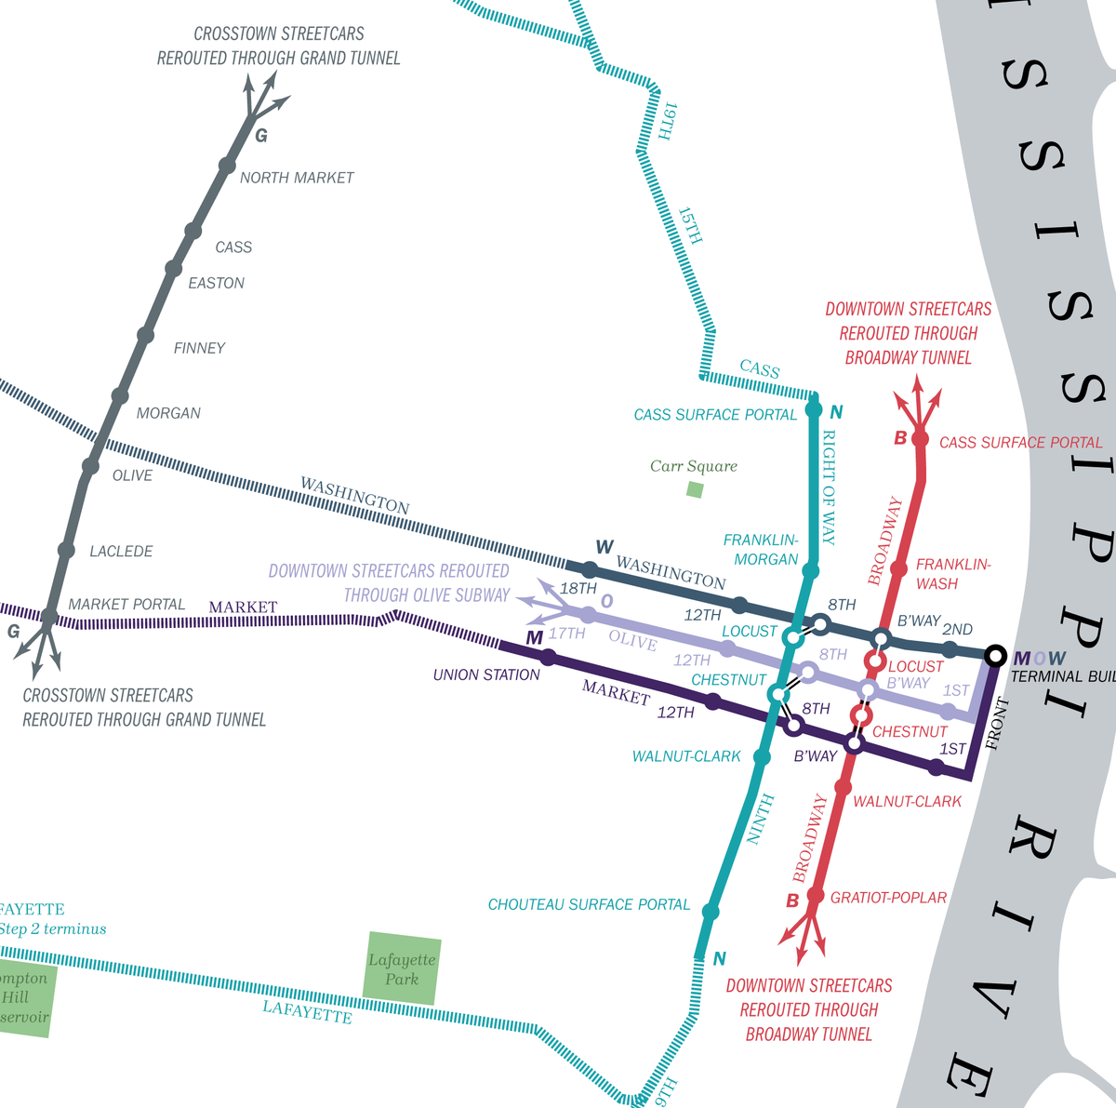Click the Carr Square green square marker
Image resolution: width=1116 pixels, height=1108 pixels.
pyautogui.click(x=695, y=489)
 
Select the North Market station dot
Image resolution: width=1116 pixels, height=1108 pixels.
pyautogui.click(x=227, y=166)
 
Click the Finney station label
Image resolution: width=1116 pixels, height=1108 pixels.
pyautogui.click(x=199, y=348)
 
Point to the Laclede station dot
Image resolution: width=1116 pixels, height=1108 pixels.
pyautogui.click(x=66, y=551)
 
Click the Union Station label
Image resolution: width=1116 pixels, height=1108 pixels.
pyautogui.click(x=486, y=674)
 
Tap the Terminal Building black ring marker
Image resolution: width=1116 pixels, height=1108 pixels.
pyautogui.click(x=995, y=656)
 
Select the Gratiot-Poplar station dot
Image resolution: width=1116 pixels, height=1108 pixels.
pyautogui.click(x=815, y=896)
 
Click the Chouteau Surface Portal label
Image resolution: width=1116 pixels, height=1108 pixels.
pyautogui.click(x=589, y=904)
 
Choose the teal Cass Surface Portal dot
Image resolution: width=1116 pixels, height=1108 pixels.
pyautogui.click(x=814, y=408)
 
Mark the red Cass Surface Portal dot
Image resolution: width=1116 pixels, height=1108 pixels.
pyautogui.click(x=921, y=439)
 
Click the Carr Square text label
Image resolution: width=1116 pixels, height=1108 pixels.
pyautogui.click(x=694, y=466)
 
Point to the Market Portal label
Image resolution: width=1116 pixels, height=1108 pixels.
pyautogui.click(x=126, y=605)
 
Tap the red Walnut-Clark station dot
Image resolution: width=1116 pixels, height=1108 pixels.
pyautogui.click(x=843, y=788)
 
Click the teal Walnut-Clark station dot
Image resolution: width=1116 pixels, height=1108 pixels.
pyautogui.click(x=762, y=758)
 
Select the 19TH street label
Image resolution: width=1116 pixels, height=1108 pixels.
pyautogui.click(x=667, y=122)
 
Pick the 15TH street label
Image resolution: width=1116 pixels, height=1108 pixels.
pyautogui.click(x=690, y=226)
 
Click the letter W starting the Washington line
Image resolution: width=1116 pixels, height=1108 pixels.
pyautogui.click(x=604, y=547)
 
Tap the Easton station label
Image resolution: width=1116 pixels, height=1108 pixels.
pyautogui.click(x=216, y=283)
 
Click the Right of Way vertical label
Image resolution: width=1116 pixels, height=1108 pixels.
pyautogui.click(x=830, y=487)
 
